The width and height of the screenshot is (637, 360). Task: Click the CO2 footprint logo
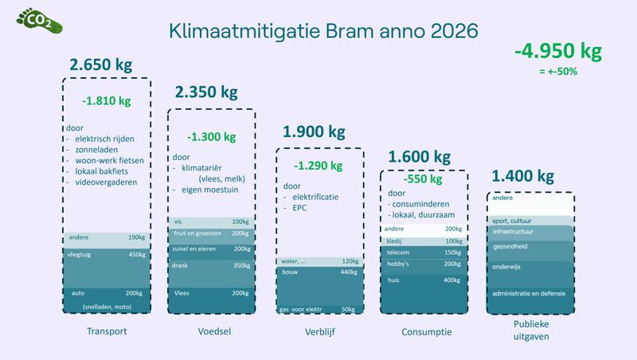(x=39, y=21)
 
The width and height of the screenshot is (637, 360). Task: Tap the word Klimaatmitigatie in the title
(x=244, y=31)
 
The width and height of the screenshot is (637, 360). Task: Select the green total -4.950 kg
(x=558, y=52)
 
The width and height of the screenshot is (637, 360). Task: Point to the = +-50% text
(x=558, y=72)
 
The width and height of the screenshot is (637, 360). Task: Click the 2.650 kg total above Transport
(x=101, y=65)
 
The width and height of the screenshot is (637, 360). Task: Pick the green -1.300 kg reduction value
(x=211, y=137)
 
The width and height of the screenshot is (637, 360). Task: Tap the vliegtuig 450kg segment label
(x=107, y=255)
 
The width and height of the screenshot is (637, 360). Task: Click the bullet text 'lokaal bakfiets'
(x=102, y=171)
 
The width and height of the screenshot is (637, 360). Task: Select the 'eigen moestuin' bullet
(x=209, y=190)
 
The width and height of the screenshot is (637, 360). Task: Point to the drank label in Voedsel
(x=180, y=265)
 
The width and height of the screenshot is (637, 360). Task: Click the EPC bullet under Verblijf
(x=299, y=208)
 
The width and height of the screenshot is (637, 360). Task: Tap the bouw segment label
(x=290, y=272)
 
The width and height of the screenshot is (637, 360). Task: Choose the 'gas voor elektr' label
(x=300, y=309)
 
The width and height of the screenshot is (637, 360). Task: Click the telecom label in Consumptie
(x=397, y=252)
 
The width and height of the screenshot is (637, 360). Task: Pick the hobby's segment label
(x=398, y=264)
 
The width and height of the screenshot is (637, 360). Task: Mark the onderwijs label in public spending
(x=506, y=267)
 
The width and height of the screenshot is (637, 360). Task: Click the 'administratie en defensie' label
(x=529, y=293)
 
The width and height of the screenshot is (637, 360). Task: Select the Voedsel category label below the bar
(x=214, y=331)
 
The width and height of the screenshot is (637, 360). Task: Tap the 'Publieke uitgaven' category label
(x=531, y=331)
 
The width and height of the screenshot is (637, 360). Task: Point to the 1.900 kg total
(x=314, y=132)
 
